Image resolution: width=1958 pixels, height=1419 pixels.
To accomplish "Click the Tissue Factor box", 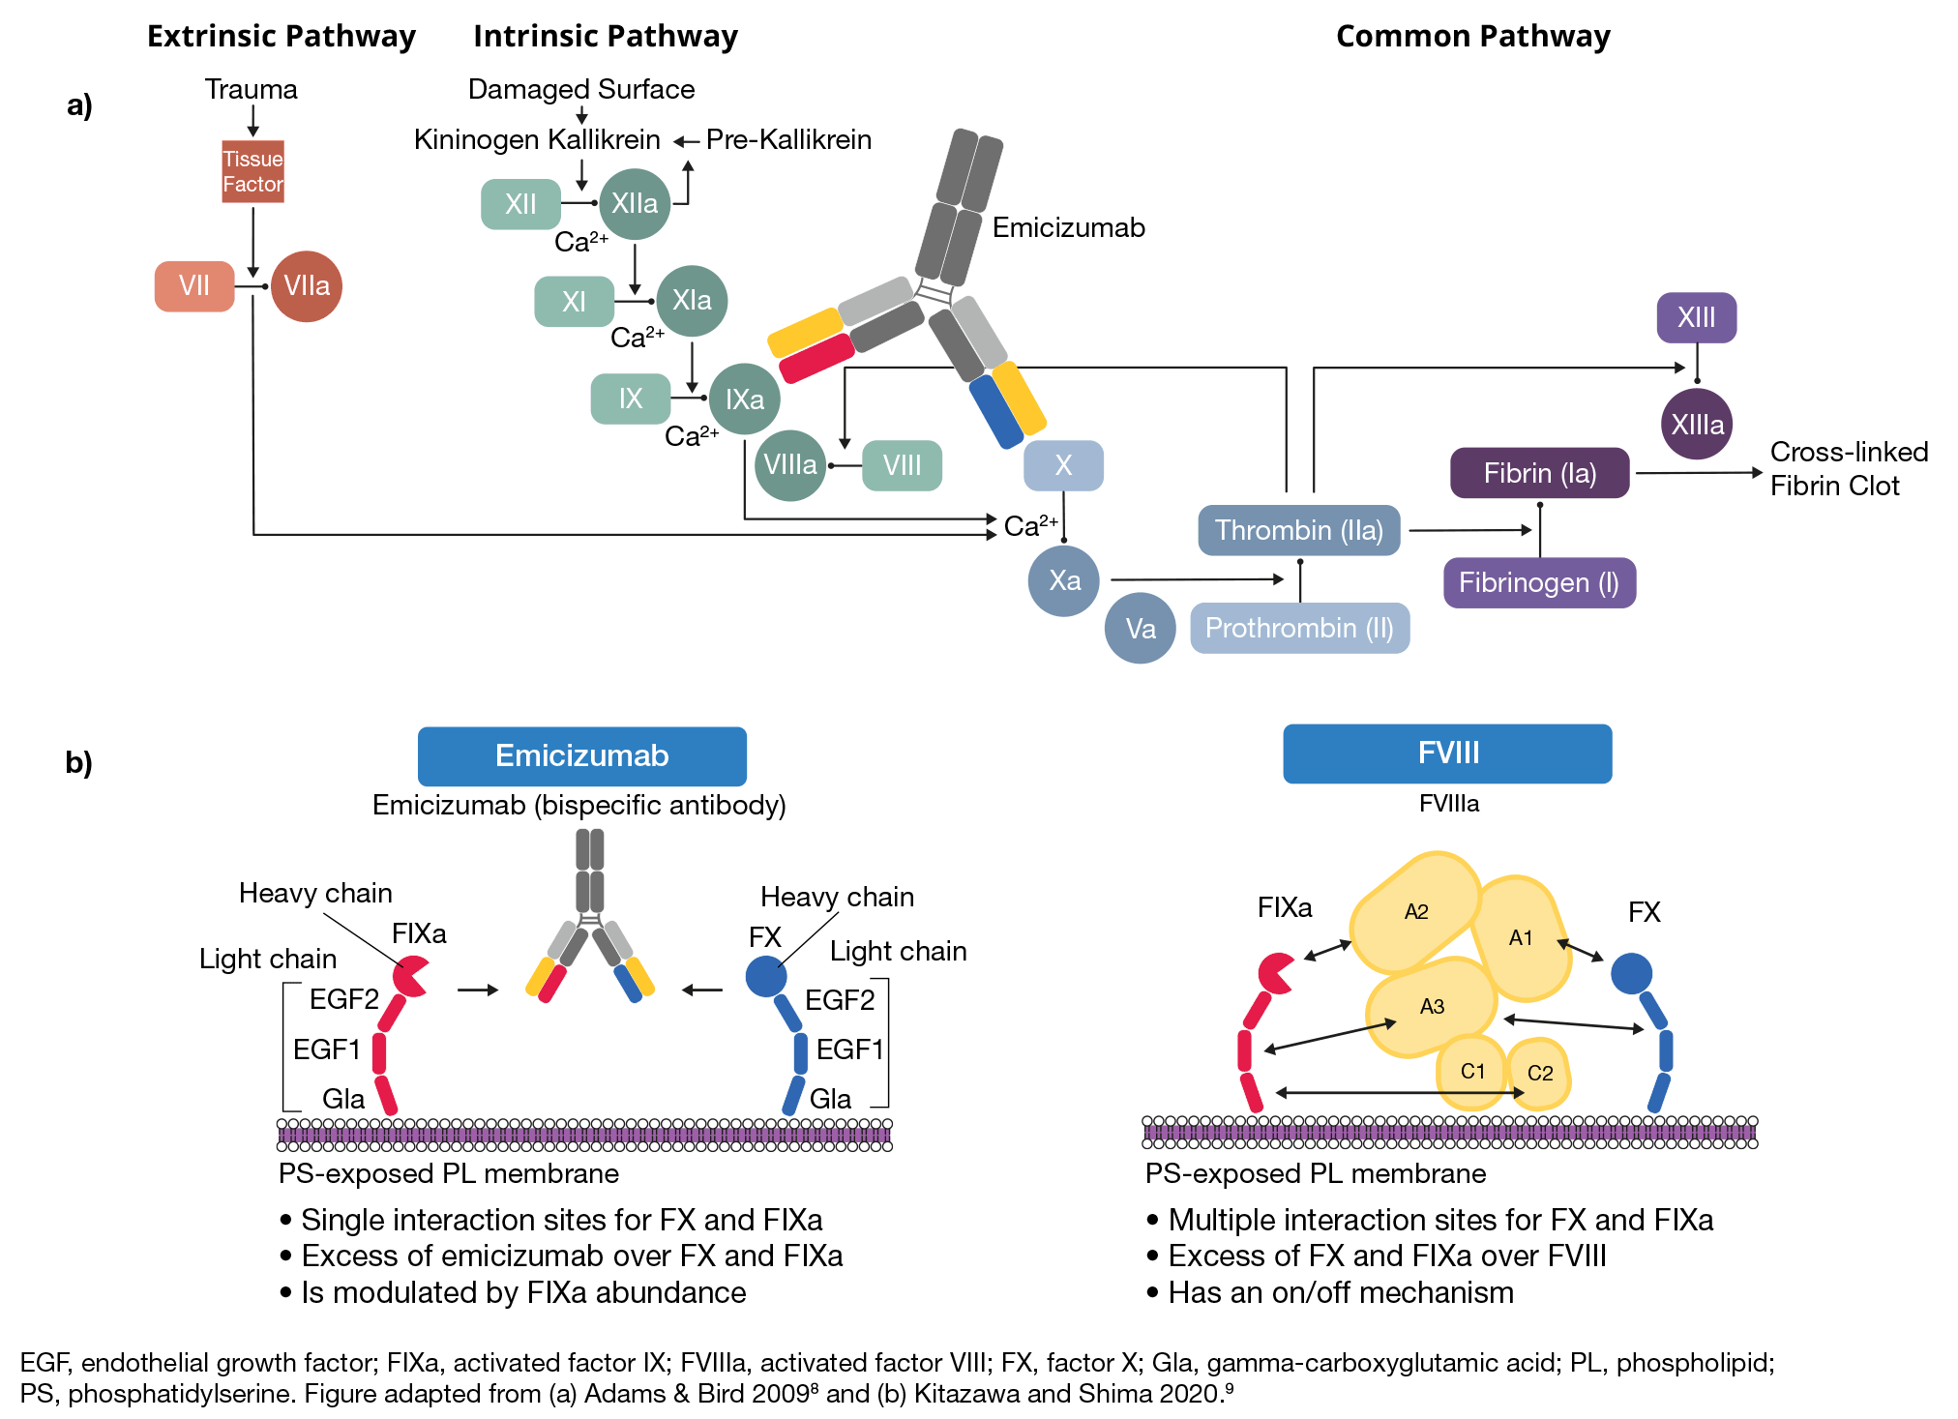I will (252, 171).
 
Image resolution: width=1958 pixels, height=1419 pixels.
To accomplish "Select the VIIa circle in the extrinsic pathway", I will (307, 286).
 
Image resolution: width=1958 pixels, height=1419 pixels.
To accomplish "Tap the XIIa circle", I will (635, 204).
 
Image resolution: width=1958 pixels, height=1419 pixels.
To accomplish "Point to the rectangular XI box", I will (574, 302).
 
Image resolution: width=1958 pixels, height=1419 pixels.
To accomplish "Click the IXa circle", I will (744, 399).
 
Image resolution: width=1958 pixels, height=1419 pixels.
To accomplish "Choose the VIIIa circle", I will (789, 465).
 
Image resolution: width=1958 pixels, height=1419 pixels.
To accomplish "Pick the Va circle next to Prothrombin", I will (1141, 629).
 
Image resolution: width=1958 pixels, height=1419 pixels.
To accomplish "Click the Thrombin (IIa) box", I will (1298, 530).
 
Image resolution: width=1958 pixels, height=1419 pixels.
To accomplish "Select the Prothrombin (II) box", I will (1299, 629).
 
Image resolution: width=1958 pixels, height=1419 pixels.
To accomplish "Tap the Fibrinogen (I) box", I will (1539, 582).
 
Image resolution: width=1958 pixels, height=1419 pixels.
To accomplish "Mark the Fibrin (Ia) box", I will (1539, 473).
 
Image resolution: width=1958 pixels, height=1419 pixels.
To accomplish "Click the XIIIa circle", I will (1697, 425).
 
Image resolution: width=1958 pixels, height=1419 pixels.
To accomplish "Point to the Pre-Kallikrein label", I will (788, 140).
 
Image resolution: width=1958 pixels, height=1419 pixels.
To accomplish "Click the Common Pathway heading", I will (1472, 37).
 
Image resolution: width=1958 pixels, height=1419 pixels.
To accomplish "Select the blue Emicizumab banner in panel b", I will (581, 755).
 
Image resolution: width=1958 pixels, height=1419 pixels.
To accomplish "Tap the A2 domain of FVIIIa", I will (1415, 911).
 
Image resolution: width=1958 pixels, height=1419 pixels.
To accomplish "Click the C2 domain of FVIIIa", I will (1539, 1073).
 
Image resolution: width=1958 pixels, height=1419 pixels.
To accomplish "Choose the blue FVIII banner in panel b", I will (1447, 754).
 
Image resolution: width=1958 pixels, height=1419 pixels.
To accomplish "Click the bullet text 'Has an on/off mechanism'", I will (1340, 1293).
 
